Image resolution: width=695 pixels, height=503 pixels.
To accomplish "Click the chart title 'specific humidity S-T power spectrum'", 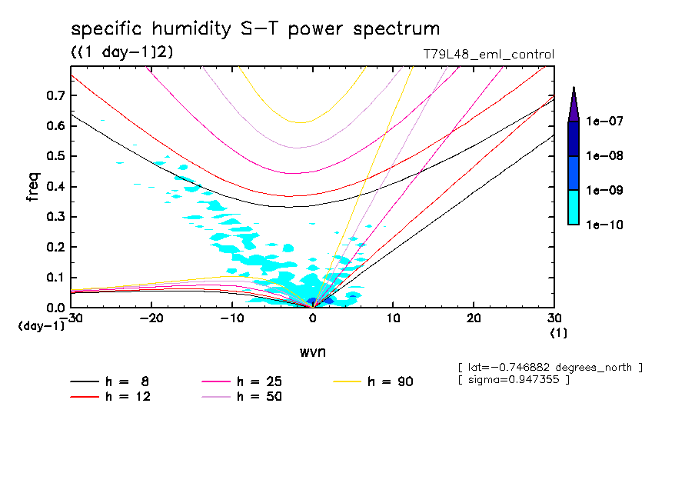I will click(x=255, y=29).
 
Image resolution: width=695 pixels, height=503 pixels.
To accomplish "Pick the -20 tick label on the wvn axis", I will click(x=152, y=318).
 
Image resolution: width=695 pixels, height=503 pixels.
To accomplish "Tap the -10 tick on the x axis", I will click(x=232, y=318).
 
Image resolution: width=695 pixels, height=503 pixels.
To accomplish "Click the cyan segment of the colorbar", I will click(x=574, y=208).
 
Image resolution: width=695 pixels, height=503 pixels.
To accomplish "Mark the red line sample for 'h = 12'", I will click(x=85, y=397).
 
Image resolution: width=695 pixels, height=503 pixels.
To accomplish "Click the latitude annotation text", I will click(x=549, y=368).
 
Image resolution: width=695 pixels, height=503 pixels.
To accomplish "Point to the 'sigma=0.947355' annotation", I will click(x=513, y=380).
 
